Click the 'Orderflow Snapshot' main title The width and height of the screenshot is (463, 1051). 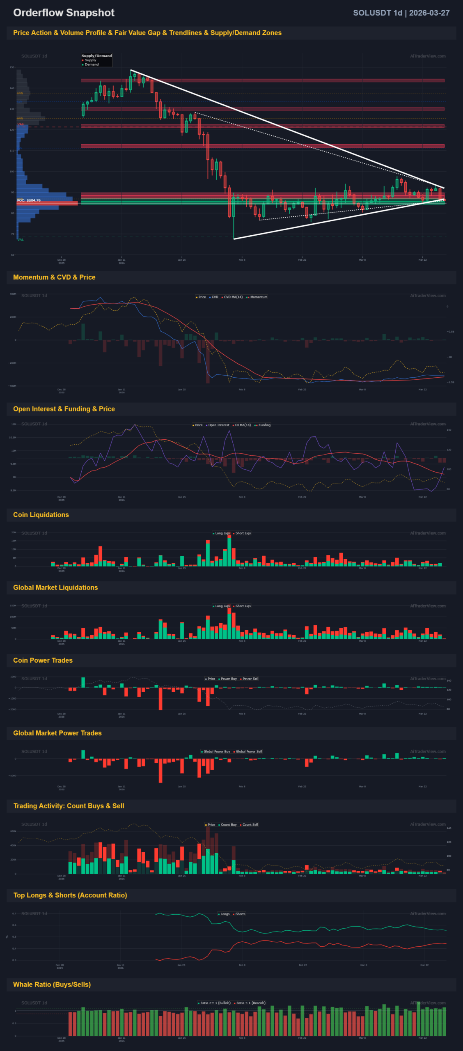[64, 13]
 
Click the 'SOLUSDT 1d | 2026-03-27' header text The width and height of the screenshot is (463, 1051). [401, 13]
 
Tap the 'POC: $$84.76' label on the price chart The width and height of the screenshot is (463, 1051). [29, 200]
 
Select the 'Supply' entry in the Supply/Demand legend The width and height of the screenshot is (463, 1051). [90, 60]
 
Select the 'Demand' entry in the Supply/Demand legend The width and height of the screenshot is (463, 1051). [92, 64]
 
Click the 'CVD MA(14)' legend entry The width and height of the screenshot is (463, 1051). [233, 297]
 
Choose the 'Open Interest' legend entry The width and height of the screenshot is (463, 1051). [218, 425]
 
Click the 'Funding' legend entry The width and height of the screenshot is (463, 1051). [264, 425]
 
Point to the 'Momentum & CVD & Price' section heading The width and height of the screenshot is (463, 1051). [54, 277]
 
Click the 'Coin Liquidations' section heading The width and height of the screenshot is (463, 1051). [41, 515]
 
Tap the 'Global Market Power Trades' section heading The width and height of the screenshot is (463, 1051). [57, 733]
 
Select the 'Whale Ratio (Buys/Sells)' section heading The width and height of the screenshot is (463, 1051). [52, 984]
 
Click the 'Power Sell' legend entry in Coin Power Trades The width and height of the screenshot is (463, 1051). [250, 679]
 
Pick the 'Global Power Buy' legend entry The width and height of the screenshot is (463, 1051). [217, 751]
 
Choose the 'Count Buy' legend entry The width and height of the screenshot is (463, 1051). [229, 824]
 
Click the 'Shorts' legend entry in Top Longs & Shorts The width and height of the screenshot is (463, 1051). [240, 914]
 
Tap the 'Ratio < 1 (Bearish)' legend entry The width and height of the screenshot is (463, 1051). [251, 1003]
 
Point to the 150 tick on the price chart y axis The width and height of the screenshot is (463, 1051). [12, 67]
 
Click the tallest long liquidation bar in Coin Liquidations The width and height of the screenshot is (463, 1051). [229, 552]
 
